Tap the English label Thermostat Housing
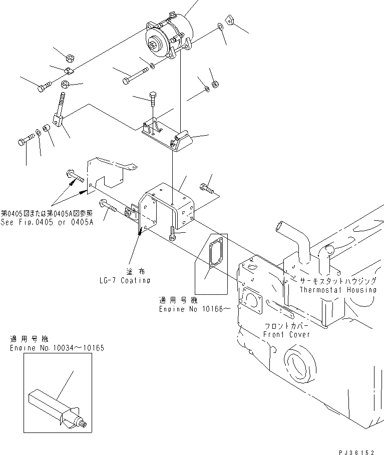pyautogui.click(x=338, y=290)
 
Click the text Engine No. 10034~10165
pyautogui.click(x=57, y=347)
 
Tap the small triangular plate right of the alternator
pyautogui.click(x=231, y=21)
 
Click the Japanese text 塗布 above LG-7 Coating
pyautogui.click(x=126, y=270)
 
